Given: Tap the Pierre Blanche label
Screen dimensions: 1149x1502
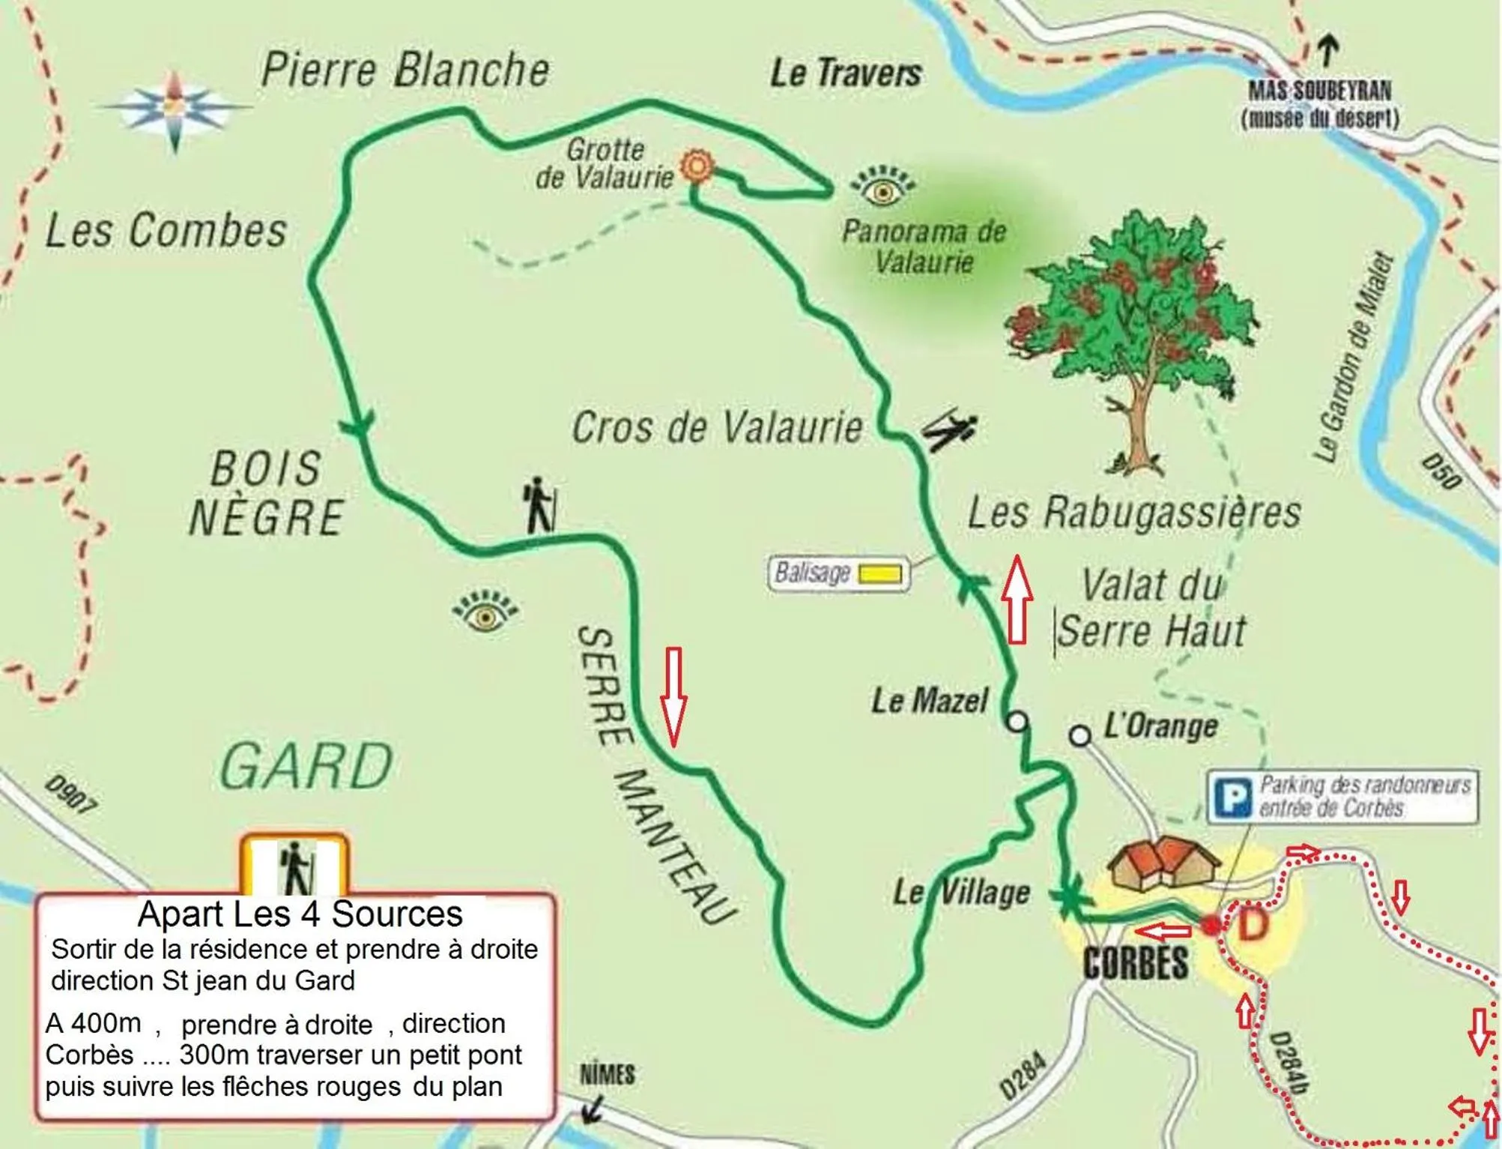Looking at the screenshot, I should tap(405, 70).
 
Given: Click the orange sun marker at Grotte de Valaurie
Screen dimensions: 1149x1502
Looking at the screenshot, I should tap(696, 166).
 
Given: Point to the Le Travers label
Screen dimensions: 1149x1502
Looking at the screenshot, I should tap(846, 73).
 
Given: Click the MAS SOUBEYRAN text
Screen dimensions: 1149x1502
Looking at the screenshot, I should tap(1319, 91).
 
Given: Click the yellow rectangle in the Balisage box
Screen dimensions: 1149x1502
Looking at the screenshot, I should tap(879, 574).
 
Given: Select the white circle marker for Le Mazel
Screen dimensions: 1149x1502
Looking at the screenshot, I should tap(1017, 721).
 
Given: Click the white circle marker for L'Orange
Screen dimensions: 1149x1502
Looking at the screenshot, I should tap(1079, 736).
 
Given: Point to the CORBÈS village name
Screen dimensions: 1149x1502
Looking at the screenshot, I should tap(1136, 963).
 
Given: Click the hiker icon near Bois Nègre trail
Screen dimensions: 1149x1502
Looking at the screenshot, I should tap(540, 505).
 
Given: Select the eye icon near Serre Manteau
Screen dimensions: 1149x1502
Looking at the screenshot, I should tap(485, 613).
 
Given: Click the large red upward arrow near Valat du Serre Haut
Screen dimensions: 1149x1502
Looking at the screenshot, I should tap(1017, 600).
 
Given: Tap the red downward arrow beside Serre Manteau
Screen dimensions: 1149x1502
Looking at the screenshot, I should tap(673, 697).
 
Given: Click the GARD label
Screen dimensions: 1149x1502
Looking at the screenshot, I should tap(307, 766).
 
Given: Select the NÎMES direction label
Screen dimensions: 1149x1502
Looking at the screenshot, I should tap(607, 1074).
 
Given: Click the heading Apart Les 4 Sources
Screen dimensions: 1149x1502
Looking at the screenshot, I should tap(300, 914).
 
